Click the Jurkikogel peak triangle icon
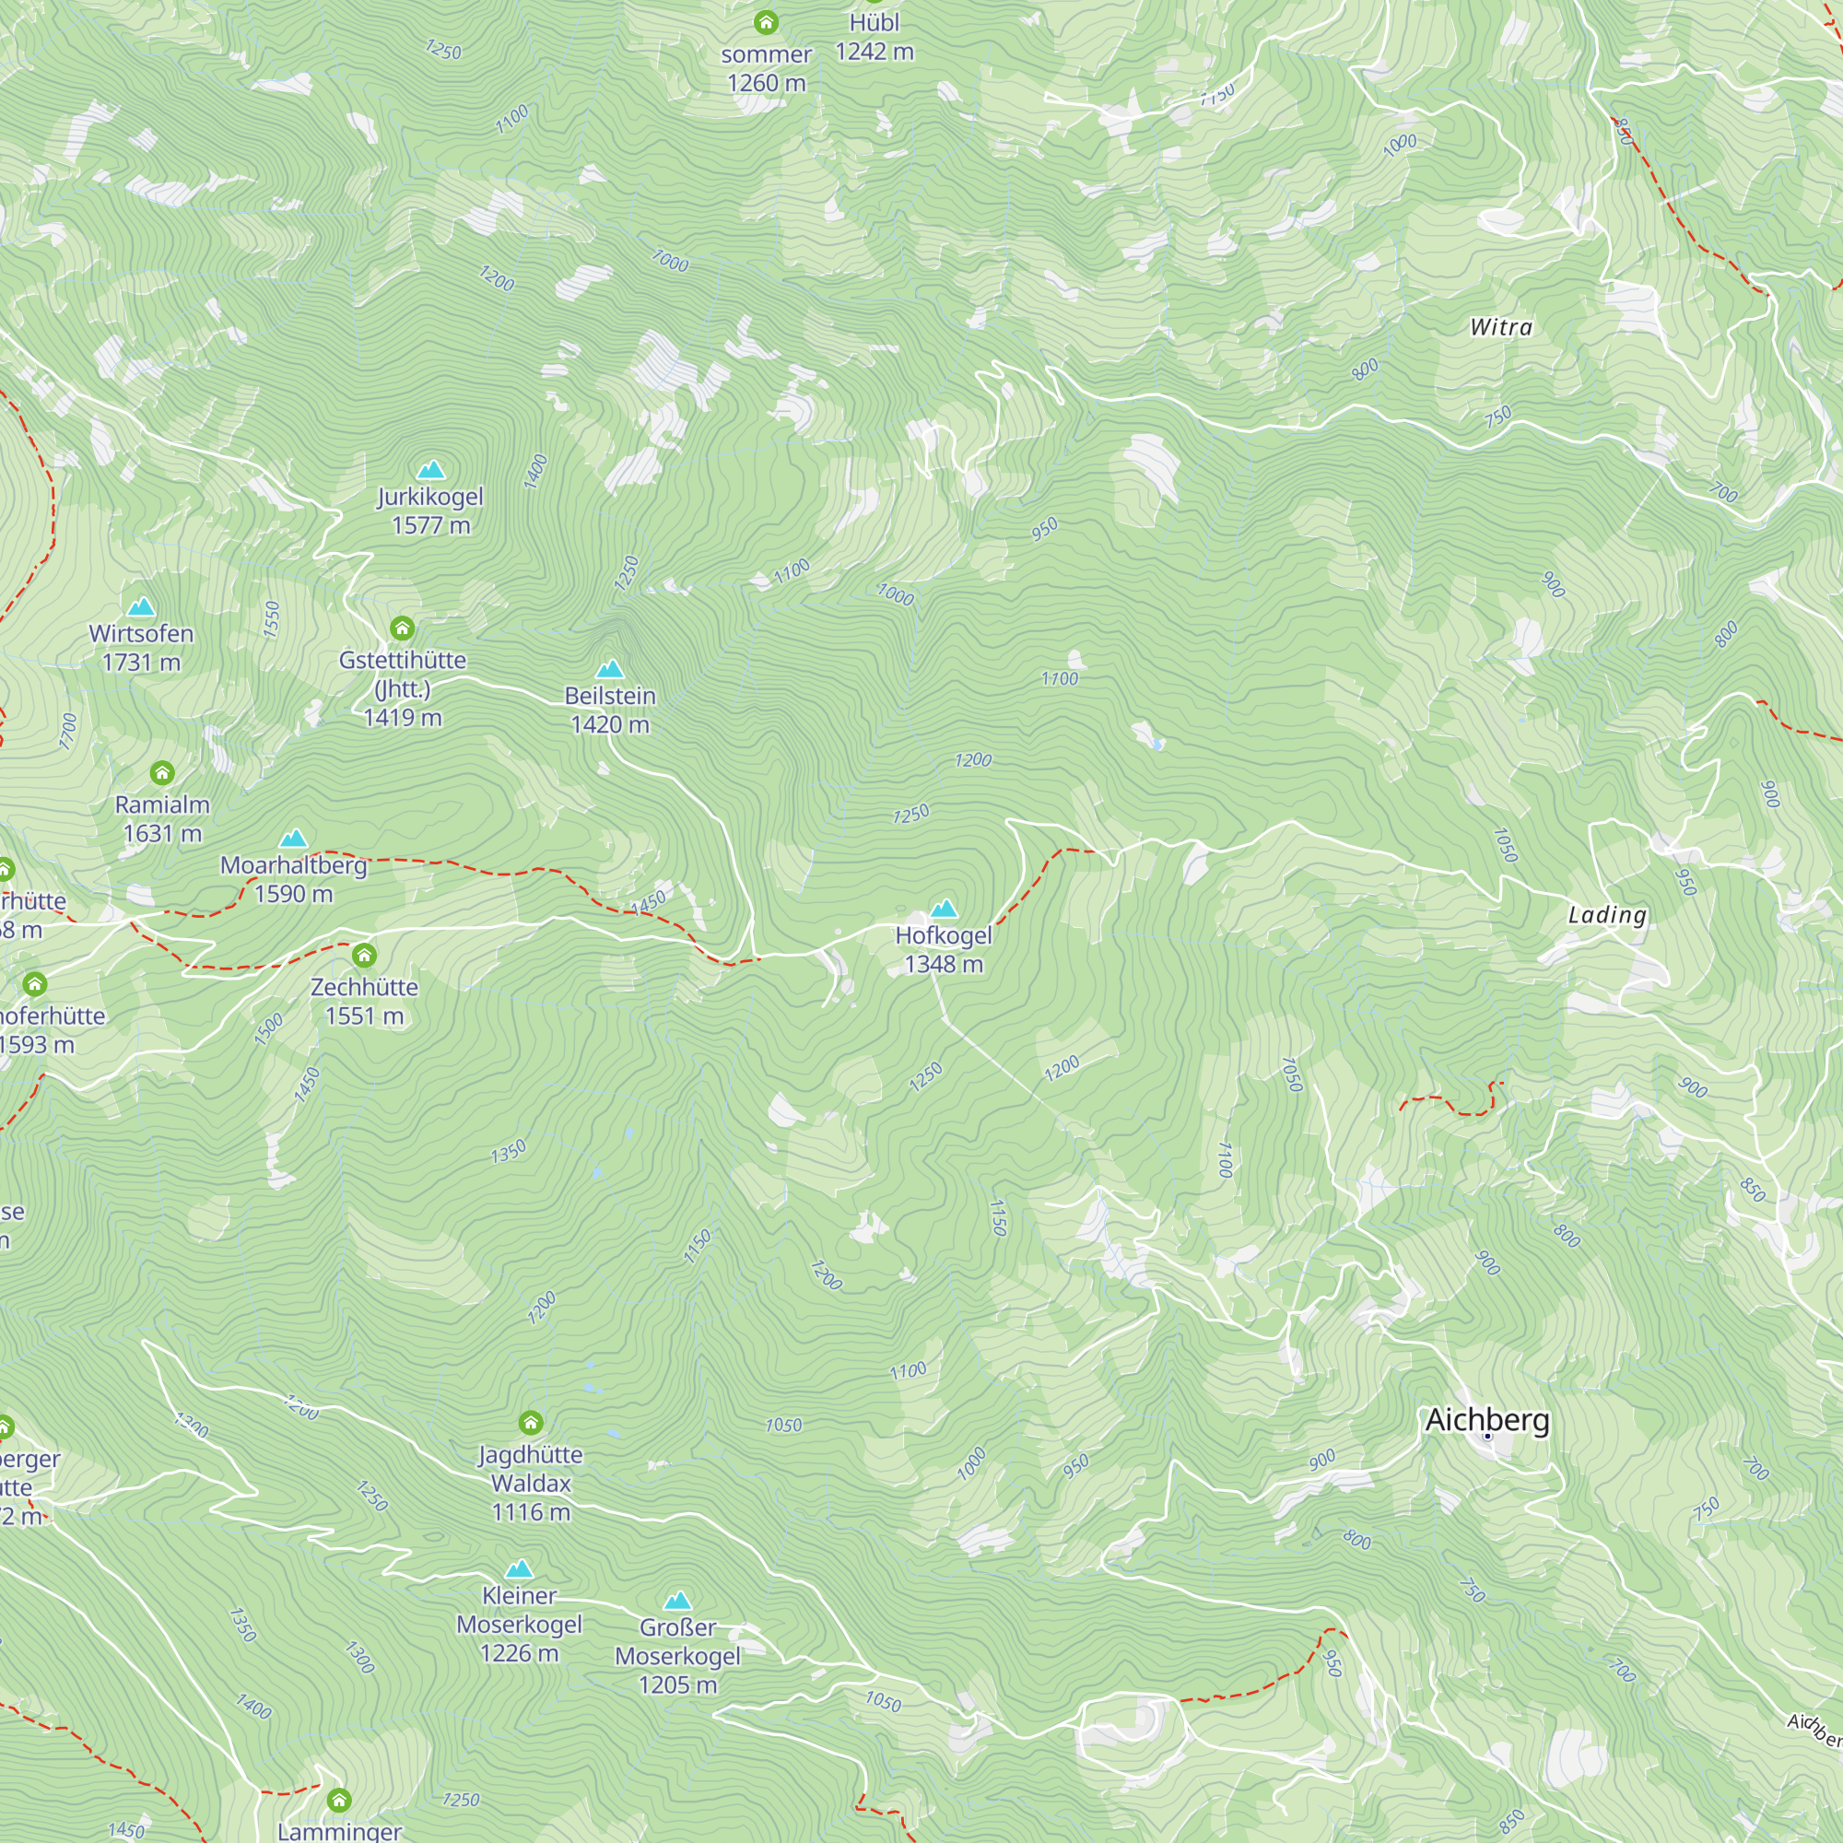tap(431, 469)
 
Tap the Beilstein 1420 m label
tap(609, 710)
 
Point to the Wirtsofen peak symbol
tap(141, 606)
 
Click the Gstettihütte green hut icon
tap(403, 628)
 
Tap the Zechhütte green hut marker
tap(364, 955)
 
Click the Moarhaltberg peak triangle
tap(293, 839)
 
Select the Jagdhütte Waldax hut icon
tap(532, 1424)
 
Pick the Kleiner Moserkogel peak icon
tap(519, 1569)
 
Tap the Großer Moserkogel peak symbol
tap(677, 1601)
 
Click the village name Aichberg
tap(1486, 1419)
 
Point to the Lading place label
tap(1606, 915)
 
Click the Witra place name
tap(1500, 327)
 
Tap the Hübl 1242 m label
tap(874, 37)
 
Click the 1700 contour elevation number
tap(67, 731)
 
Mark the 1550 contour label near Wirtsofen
tap(272, 619)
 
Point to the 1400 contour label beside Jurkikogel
tap(536, 471)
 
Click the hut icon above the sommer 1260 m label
tap(766, 22)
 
